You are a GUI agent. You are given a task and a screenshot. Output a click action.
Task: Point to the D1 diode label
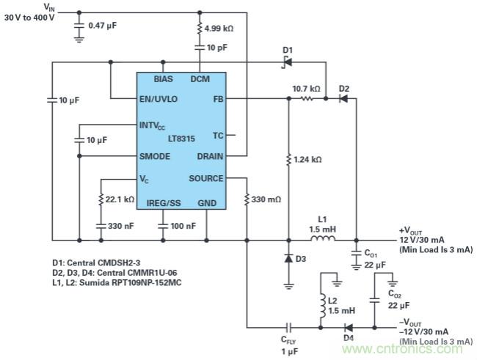point(288,49)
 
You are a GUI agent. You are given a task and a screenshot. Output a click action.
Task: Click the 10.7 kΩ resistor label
point(306,88)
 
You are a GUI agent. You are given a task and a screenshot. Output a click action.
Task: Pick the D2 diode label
point(344,88)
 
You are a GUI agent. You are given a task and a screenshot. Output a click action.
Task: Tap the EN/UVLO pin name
point(159,98)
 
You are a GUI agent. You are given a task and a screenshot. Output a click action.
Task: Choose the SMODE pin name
point(156,156)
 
